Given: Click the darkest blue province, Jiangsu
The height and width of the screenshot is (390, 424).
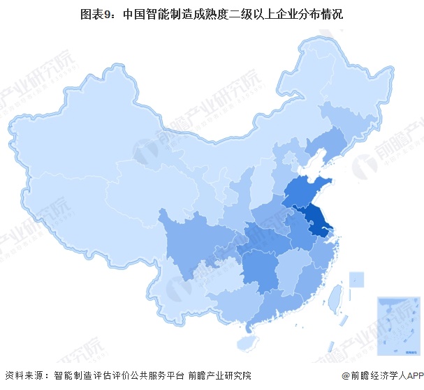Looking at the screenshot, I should tap(316, 222).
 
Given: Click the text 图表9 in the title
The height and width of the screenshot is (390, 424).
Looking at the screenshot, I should tap(96, 13).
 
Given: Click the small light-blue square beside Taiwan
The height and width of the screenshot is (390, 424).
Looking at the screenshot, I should tap(356, 279).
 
